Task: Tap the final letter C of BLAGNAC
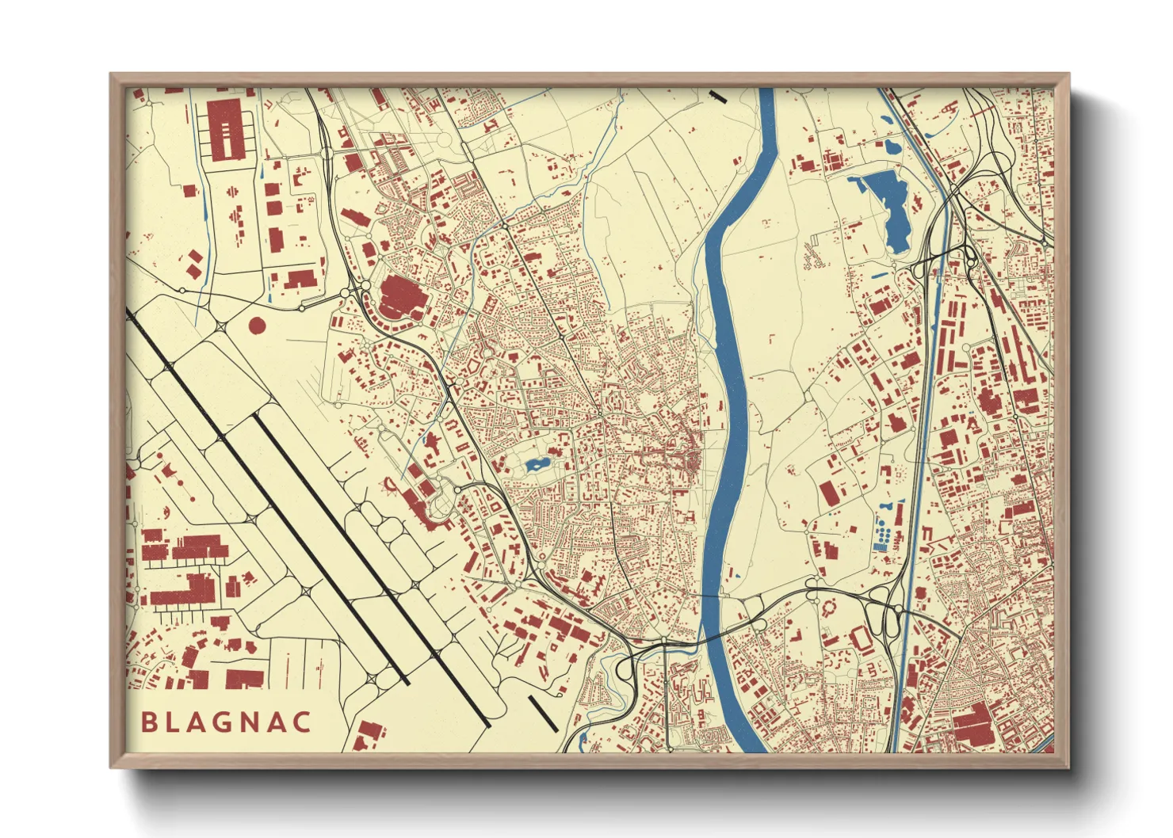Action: (301, 722)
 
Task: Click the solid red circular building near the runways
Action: (257, 325)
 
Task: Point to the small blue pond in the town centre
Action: (536, 463)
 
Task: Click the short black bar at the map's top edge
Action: (718, 97)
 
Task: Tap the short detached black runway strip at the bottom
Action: (544, 714)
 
